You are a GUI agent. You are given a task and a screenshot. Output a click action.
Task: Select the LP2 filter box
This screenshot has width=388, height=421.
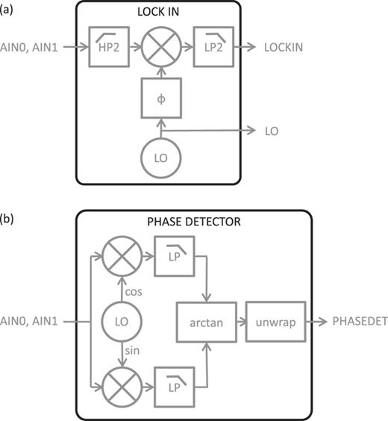coord(209,46)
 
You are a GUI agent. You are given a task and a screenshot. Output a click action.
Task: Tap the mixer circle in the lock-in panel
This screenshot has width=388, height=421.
coord(157,46)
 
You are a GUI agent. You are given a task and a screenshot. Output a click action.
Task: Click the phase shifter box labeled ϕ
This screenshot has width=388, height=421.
coord(157,99)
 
